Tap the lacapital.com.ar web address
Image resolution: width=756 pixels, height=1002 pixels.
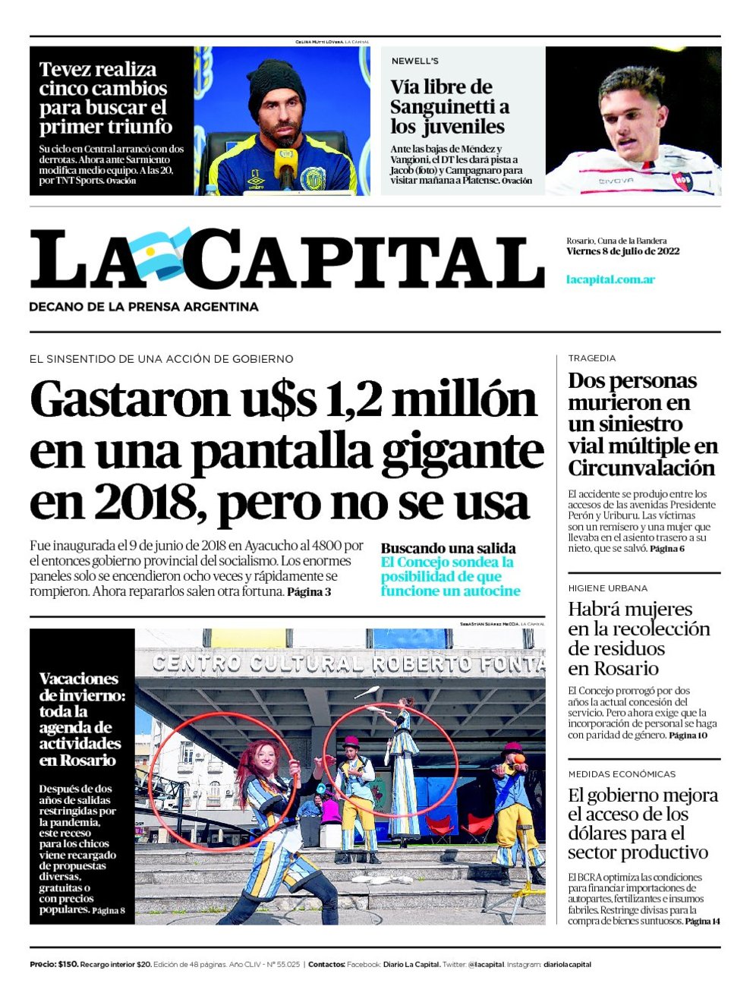click(x=610, y=279)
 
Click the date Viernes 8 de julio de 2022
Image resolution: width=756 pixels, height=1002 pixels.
click(x=622, y=251)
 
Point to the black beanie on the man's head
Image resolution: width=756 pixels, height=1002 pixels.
click(x=276, y=84)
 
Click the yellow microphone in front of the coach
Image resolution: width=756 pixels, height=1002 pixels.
click(x=285, y=163)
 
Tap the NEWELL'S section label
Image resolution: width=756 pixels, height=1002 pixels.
click(x=414, y=61)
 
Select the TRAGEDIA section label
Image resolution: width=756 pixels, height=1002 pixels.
click(x=592, y=358)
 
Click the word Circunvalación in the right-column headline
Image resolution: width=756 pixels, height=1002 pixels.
click(x=641, y=468)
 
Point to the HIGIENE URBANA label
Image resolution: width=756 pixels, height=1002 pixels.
click(x=607, y=588)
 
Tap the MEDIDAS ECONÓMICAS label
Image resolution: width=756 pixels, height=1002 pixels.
click(x=621, y=774)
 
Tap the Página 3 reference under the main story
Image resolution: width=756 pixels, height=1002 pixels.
click(x=309, y=591)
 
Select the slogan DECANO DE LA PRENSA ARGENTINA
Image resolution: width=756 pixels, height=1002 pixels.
click(x=143, y=307)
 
